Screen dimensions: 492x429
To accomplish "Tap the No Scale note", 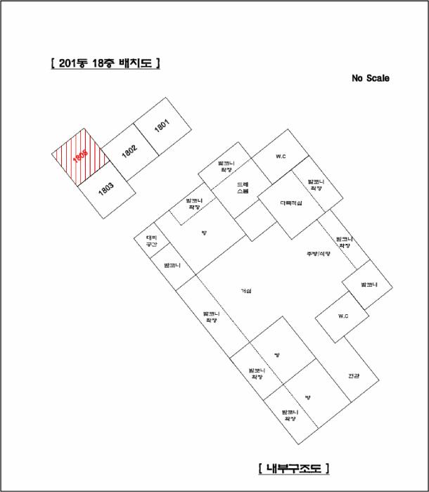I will [x=370, y=79].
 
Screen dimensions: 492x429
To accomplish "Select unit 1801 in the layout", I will [x=162, y=126].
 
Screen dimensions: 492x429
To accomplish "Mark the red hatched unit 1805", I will [x=79, y=157].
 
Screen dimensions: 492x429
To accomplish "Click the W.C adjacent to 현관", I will [x=343, y=316].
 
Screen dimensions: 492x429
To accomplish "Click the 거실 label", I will [x=245, y=290].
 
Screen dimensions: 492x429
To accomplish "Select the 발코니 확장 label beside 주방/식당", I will [x=344, y=242].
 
